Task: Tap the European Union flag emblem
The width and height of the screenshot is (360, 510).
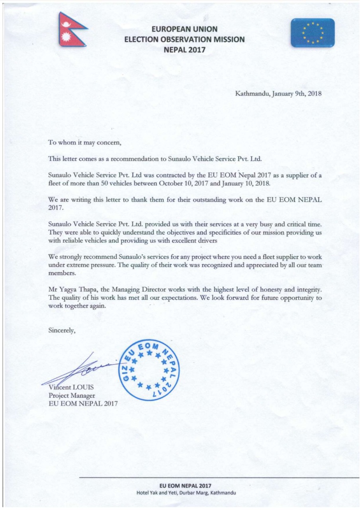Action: pyautogui.click(x=313, y=33)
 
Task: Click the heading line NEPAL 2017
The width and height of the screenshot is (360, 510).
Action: pyautogui.click(x=184, y=50)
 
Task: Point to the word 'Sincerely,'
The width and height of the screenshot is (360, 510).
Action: pyautogui.click(x=61, y=330)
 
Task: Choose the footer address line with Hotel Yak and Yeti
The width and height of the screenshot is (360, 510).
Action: pyautogui.click(x=186, y=492)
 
